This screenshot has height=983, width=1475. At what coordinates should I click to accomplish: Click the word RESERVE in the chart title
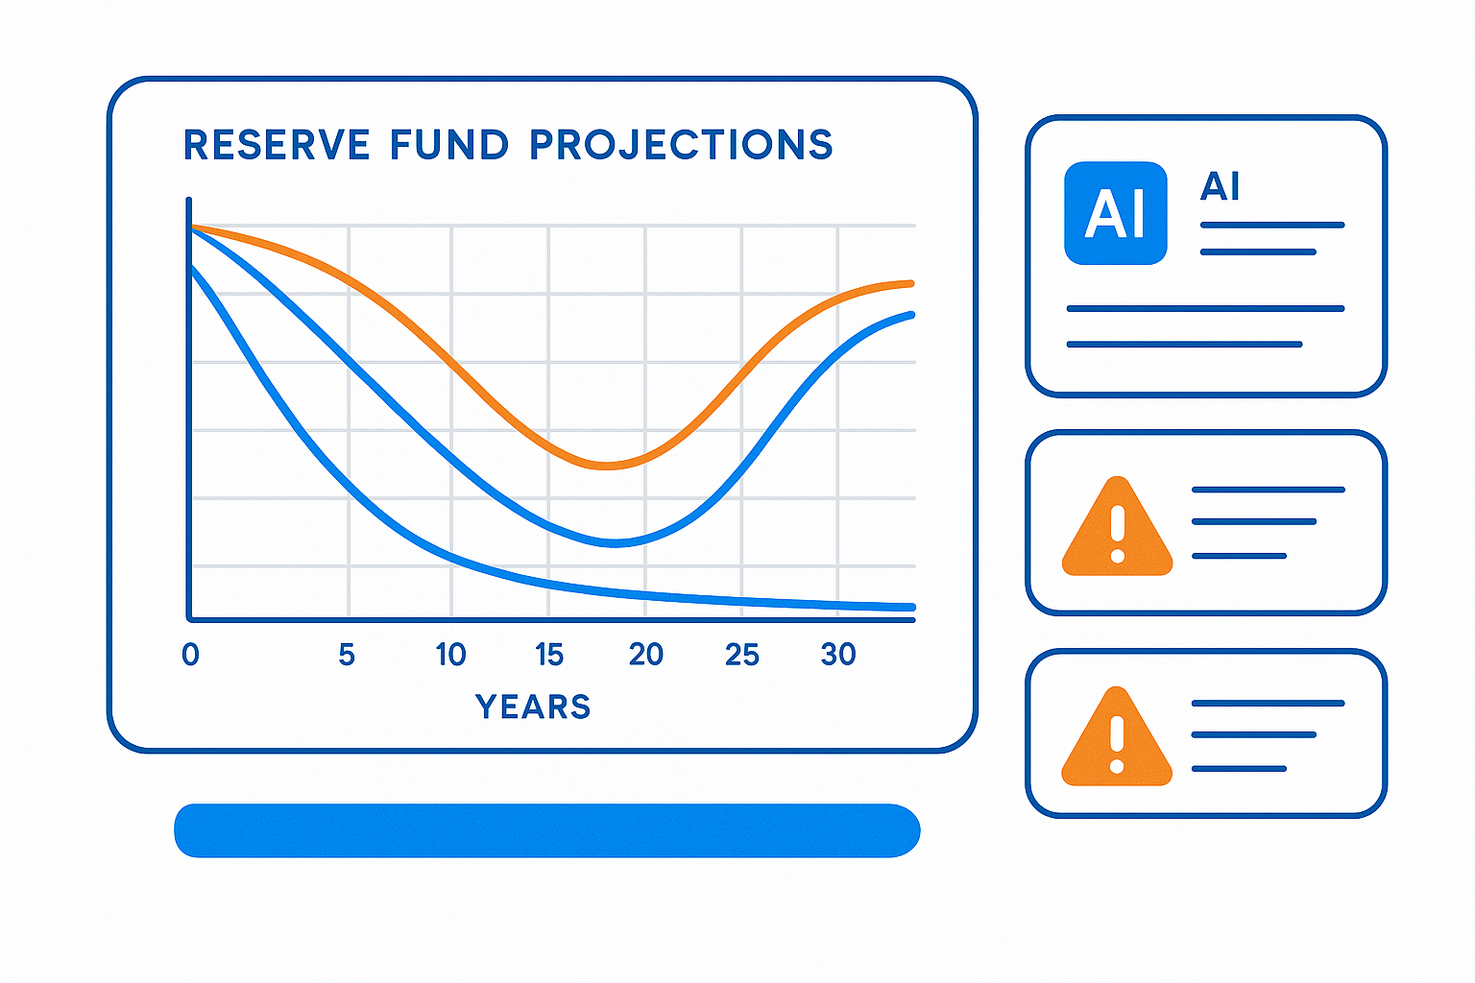(x=277, y=145)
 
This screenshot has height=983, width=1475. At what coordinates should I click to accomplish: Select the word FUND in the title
(x=449, y=145)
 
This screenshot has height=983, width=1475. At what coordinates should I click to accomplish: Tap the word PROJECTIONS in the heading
(x=681, y=145)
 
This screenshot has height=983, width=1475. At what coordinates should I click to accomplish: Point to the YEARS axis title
(x=533, y=707)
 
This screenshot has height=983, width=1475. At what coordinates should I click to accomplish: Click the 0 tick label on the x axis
(x=190, y=655)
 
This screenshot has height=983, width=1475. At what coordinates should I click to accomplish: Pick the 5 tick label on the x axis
(x=347, y=655)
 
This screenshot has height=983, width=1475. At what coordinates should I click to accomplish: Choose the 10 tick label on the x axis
(x=450, y=655)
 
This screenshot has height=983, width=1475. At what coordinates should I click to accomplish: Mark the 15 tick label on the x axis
(x=549, y=655)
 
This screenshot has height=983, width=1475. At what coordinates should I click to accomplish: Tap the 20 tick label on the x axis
(x=646, y=655)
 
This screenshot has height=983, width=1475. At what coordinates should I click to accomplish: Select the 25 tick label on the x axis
(x=742, y=655)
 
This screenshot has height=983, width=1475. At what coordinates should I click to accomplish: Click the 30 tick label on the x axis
(x=838, y=655)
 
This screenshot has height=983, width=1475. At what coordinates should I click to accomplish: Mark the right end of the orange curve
(x=909, y=283)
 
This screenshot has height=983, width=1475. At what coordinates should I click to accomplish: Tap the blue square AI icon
(x=1116, y=213)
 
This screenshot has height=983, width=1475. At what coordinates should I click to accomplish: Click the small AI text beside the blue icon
(x=1220, y=186)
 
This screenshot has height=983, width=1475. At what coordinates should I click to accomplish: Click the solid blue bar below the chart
(x=547, y=830)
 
